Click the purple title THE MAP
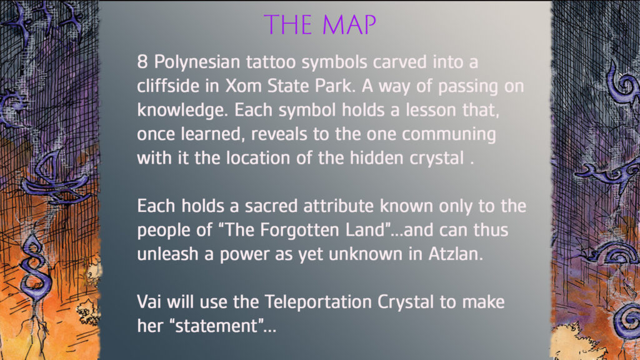click(320, 24)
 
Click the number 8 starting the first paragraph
click(142, 62)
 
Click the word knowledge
click(182, 111)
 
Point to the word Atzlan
click(456, 254)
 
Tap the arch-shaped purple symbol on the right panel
click(612, 253)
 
